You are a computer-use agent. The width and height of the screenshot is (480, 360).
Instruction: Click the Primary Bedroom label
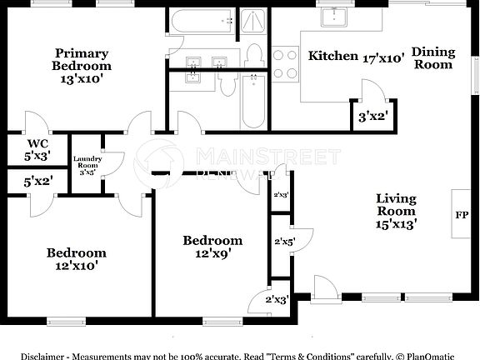point(81,58)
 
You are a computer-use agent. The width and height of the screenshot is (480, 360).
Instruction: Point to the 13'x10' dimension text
point(81,79)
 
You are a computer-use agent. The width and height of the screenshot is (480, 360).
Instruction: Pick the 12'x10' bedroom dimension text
point(76,266)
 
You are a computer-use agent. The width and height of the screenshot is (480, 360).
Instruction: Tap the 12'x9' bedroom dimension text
point(212,253)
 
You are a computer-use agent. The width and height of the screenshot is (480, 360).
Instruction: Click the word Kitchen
point(333,57)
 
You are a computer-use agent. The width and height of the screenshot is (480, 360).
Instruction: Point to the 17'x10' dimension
point(383,57)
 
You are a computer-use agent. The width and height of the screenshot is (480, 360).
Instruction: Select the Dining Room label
point(434,58)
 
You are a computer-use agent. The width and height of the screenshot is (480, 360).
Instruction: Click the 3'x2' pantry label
point(372,116)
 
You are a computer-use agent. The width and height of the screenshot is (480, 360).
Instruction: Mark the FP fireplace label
point(461,214)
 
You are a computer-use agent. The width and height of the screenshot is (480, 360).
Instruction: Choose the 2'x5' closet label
point(284,242)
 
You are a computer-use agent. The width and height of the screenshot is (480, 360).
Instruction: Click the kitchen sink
point(337,16)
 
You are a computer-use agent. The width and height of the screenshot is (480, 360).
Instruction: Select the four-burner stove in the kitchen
point(286,64)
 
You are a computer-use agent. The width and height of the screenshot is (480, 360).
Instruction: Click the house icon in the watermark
point(161,158)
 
